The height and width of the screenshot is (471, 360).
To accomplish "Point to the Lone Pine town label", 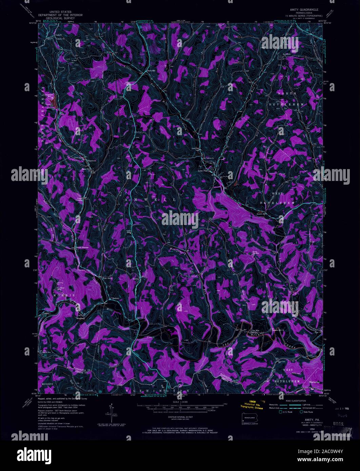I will pyautogui.click(x=203, y=171).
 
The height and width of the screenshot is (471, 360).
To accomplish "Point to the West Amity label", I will pyautogui.click(x=107, y=280).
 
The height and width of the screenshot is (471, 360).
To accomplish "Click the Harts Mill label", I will pyautogui.click(x=151, y=71).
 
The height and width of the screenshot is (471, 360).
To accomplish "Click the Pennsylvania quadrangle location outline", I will pyautogui.click(x=250, y=417).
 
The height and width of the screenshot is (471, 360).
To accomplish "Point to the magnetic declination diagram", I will pyautogui.click(x=111, y=410).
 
